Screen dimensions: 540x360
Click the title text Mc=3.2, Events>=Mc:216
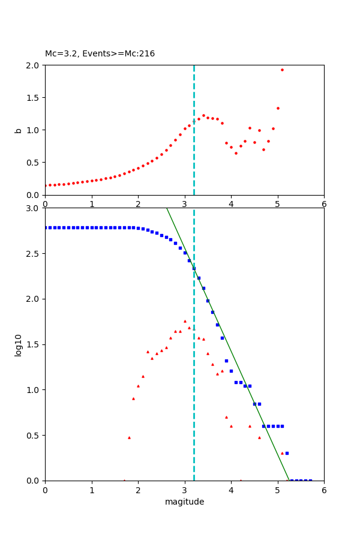(100, 54)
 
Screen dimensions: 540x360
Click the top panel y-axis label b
(19, 130)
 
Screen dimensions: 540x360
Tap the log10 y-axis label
(19, 345)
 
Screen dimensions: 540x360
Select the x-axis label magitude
(184, 502)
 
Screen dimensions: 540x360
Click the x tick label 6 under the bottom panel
(324, 490)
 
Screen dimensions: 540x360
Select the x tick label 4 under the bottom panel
(231, 490)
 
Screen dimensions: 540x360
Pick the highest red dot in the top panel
(282, 70)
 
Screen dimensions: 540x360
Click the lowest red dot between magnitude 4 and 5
(236, 153)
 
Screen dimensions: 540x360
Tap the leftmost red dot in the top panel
(45, 185)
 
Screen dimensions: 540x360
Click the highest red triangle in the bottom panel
(185, 321)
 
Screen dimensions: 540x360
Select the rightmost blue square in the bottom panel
(310, 480)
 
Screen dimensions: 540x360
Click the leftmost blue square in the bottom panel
(45, 227)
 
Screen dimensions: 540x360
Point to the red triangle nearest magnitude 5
(282, 453)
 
